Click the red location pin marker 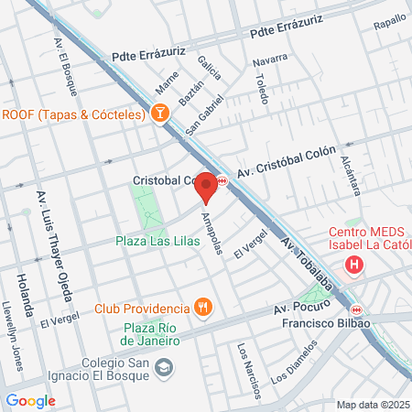pyautogui.click(x=206, y=188)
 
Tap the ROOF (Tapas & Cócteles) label pyautogui.click(x=73, y=114)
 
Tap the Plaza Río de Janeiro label pyautogui.click(x=152, y=333)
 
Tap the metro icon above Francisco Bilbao pyautogui.click(x=356, y=309)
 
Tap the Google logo pyautogui.click(x=30, y=400)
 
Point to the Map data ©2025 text pyautogui.click(x=371, y=405)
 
